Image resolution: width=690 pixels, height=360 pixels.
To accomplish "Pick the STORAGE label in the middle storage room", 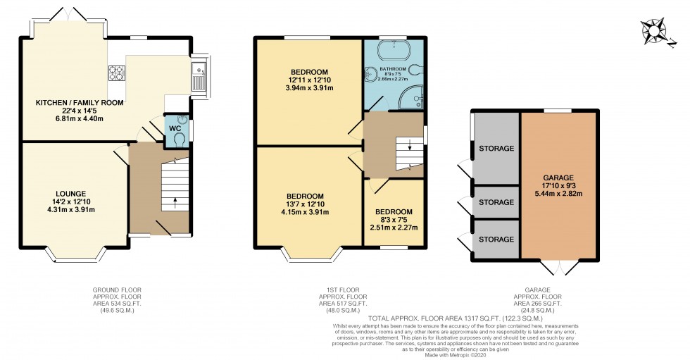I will point(496,202).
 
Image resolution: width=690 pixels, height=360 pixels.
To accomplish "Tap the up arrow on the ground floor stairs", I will point(175,202).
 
